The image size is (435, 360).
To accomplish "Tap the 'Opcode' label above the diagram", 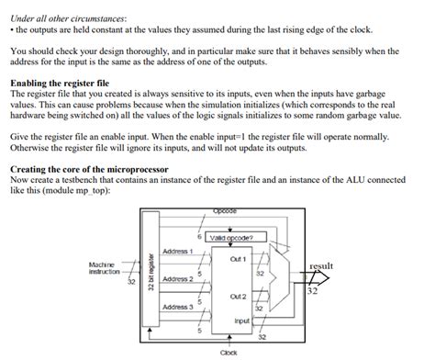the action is click(x=223, y=211).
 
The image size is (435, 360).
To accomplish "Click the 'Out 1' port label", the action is click(x=239, y=259).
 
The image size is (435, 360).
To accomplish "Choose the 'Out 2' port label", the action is click(x=238, y=298).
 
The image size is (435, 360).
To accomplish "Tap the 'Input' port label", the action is click(x=241, y=321).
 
